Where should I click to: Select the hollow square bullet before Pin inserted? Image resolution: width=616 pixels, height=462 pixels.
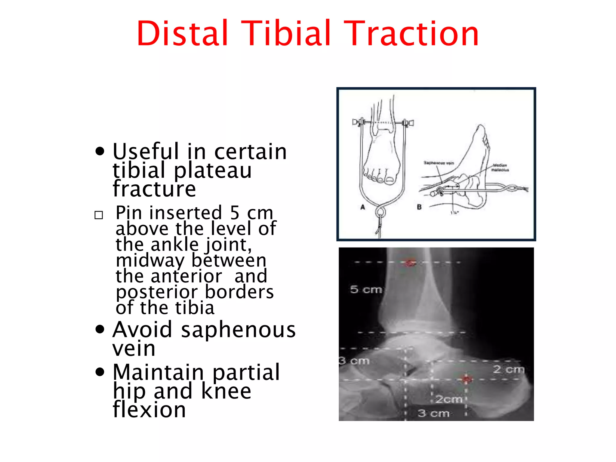(99, 215)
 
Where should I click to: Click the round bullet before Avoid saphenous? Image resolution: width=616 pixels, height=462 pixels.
(100, 329)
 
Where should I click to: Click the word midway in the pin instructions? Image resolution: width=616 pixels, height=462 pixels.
(150, 260)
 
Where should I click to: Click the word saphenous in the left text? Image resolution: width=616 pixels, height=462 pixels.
(238, 330)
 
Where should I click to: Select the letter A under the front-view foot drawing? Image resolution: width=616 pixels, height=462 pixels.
(363, 207)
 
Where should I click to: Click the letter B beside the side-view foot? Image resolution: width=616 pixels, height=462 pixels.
(419, 207)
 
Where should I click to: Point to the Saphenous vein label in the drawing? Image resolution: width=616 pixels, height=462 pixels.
(439, 163)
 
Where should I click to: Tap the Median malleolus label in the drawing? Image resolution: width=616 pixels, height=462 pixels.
(500, 168)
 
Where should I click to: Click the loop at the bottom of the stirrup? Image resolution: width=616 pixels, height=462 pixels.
(380, 212)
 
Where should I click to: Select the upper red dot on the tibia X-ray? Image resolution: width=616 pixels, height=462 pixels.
(410, 263)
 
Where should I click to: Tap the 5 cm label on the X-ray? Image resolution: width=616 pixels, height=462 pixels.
(366, 289)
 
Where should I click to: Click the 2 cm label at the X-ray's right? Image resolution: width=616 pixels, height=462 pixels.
(508, 369)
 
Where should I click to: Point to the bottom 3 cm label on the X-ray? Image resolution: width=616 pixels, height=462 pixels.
(433, 413)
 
